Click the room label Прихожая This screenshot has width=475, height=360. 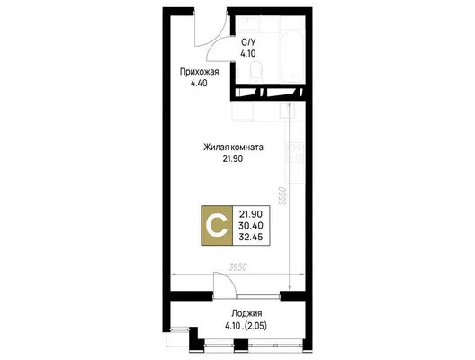tap(199, 72)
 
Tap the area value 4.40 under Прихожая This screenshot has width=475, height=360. tap(199, 83)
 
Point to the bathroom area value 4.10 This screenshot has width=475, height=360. tap(248, 54)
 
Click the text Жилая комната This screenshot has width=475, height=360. tap(233, 148)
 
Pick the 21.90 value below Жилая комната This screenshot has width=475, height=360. tap(233, 158)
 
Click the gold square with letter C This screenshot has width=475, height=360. tap(217, 226)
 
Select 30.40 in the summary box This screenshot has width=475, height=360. tap(251, 226)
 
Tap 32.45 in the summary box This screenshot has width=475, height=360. tap(251, 237)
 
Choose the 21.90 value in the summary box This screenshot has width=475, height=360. tap(251, 214)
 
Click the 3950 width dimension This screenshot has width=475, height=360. tap(238, 267)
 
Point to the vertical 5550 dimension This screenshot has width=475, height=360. tap(282, 196)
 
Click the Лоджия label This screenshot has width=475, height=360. tap(246, 313)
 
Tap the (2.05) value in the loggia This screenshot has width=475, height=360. tap(256, 326)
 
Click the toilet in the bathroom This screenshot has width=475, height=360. tap(256, 71)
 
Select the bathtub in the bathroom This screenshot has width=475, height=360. tap(292, 56)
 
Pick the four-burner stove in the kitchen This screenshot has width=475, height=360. tap(295, 152)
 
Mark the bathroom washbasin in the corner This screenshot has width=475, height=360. tap(248, 23)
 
